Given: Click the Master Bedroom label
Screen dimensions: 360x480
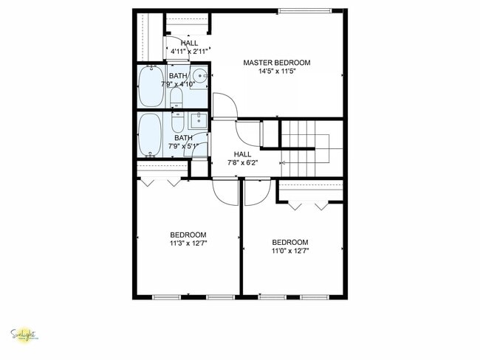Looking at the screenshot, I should (x=277, y=63).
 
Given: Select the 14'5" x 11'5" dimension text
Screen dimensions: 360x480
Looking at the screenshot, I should (x=277, y=72).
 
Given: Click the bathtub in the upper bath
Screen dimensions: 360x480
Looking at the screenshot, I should (x=153, y=87).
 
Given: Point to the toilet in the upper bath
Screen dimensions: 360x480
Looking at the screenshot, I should (x=177, y=98).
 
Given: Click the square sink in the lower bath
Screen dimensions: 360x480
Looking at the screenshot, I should (x=198, y=120).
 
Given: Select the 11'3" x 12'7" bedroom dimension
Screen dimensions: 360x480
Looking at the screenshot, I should (x=189, y=243).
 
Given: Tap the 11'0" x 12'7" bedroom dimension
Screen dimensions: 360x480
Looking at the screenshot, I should (x=290, y=250).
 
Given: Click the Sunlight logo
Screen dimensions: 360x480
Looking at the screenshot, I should (x=24, y=335).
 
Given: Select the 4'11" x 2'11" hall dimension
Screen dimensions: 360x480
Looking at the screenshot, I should (x=188, y=52).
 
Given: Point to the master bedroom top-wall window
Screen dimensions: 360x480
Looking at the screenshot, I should (x=304, y=11).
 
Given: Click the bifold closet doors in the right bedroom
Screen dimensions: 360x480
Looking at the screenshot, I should (x=309, y=204).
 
